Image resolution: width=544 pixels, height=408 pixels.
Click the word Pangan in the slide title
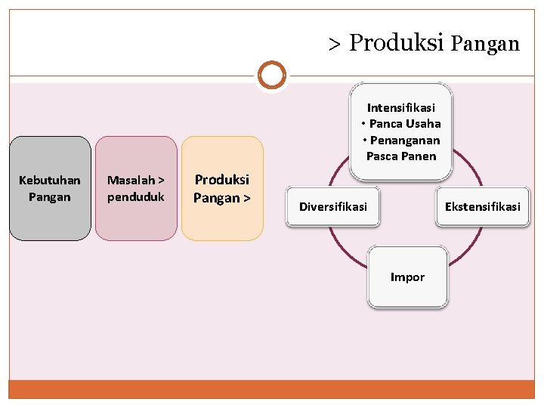click(x=485, y=44)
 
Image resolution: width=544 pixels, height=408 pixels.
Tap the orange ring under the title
click(x=272, y=76)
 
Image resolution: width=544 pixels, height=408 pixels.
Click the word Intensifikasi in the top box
click(x=401, y=108)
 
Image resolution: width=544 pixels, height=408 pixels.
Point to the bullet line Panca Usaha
click(x=401, y=124)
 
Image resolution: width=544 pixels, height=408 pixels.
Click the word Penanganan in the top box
click(x=404, y=141)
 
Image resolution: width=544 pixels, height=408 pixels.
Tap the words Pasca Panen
click(x=401, y=156)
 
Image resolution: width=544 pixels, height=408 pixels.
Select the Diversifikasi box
click(x=333, y=206)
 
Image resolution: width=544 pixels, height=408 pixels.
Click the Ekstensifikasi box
click(x=482, y=206)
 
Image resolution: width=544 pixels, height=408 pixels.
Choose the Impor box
click(x=408, y=277)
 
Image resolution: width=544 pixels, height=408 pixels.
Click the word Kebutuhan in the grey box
click(x=50, y=180)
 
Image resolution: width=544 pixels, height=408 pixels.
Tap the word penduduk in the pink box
click(x=136, y=197)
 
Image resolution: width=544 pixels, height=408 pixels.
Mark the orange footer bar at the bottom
click(x=272, y=389)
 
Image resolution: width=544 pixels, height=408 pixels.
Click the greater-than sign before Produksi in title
click(x=335, y=44)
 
